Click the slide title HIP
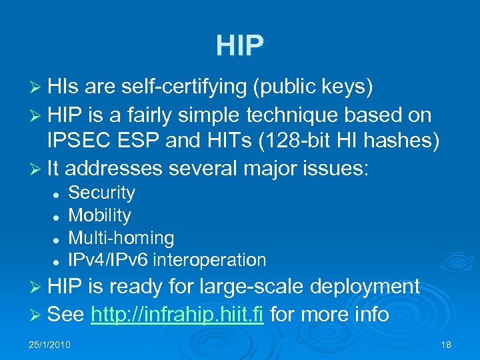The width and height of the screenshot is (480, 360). (240, 45)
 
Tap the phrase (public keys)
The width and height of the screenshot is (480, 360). (316, 87)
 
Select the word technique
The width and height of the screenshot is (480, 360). (285, 115)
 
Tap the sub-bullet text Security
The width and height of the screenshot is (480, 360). (102, 193)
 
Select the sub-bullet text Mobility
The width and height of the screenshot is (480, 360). (100, 215)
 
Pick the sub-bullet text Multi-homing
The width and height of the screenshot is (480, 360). (121, 237)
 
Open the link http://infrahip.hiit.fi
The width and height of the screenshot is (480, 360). (178, 314)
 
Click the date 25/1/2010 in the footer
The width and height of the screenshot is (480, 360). (49, 344)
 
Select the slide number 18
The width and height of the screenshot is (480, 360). (446, 344)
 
